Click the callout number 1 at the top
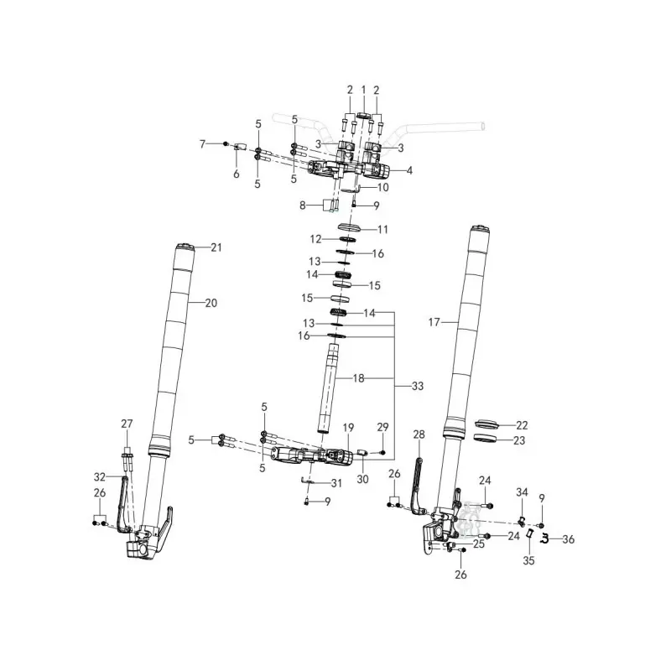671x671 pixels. [x=363, y=91]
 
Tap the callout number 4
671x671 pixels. [x=409, y=171]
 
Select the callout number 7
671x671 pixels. [x=203, y=144]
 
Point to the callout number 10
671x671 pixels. [x=382, y=187]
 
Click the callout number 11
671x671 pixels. [x=382, y=229]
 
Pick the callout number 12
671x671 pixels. [x=316, y=239]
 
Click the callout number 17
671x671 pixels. [x=434, y=322]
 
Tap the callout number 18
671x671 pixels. [x=358, y=378]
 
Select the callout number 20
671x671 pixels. [x=211, y=303]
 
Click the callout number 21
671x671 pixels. [x=216, y=247]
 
